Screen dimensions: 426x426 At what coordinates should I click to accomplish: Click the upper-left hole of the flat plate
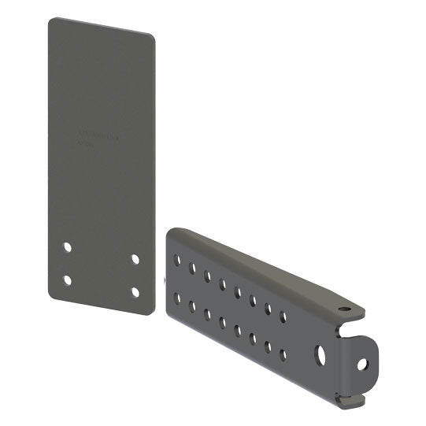[x=68, y=246]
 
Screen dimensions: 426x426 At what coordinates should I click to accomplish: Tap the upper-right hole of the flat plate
[x=135, y=258]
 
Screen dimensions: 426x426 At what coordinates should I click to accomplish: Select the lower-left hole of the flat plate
[x=67, y=280]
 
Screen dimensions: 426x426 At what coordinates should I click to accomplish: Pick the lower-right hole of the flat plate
[x=135, y=291]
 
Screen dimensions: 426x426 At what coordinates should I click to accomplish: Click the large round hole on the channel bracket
[x=320, y=354]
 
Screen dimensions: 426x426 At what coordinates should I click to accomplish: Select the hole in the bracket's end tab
[x=362, y=364]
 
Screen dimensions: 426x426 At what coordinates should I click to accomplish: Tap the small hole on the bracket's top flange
[x=343, y=309]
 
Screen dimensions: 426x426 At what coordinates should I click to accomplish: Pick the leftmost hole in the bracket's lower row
[x=177, y=298]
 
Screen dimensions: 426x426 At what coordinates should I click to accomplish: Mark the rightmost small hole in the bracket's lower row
[x=283, y=354]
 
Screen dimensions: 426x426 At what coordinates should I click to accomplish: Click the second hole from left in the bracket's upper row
[x=193, y=268]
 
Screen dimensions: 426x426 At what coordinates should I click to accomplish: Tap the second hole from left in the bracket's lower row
[x=192, y=306]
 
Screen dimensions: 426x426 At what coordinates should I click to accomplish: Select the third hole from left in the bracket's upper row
[x=208, y=276]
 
